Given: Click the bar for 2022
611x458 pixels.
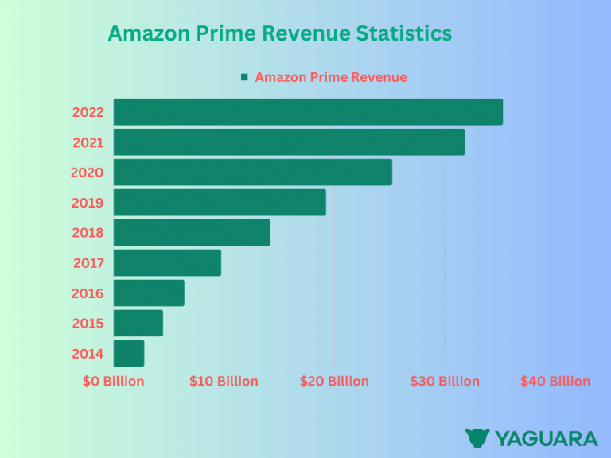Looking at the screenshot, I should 308,112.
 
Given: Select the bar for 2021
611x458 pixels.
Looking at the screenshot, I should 289,142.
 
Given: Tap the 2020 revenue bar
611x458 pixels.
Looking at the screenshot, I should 253,173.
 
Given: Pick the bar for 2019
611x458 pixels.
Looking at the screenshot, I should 220,203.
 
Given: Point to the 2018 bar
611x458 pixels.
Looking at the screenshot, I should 192,233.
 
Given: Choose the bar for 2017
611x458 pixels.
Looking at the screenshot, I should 167,263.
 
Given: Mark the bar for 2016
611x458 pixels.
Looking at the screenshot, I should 149,293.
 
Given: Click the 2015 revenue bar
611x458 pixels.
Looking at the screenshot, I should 138,324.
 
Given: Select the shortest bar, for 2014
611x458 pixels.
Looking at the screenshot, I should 129,354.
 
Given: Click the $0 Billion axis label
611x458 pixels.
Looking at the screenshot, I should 114,382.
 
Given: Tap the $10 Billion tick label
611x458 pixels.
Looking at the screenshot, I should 224,382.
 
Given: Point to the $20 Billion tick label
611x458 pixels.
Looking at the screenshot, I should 334,382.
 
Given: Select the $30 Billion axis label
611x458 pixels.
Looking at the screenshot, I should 445,382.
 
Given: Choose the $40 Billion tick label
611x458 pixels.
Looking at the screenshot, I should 555,382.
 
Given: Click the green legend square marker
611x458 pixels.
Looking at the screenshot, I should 244,77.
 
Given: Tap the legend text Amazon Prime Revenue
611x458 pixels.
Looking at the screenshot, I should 331,77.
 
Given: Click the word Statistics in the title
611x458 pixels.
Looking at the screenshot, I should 404,33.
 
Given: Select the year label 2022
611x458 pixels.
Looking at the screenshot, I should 88,112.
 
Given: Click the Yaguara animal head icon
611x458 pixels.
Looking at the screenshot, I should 477,438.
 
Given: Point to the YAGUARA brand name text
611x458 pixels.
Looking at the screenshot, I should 546,438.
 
